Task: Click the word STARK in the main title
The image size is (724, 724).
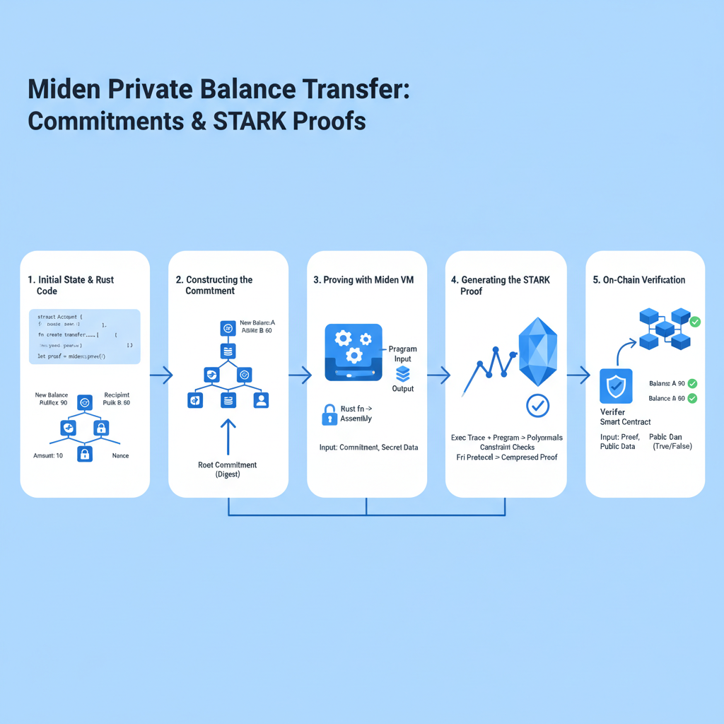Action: coord(238,120)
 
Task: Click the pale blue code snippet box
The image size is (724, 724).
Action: coord(85,337)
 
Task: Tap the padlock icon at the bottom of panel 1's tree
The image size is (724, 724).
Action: coord(84,454)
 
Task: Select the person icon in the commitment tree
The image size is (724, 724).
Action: coord(261,400)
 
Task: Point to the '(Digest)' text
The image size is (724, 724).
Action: coord(228,475)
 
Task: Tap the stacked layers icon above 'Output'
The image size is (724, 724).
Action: coord(402,374)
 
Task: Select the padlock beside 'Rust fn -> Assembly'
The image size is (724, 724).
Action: coord(329,414)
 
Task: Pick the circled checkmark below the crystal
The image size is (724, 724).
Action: coord(538,405)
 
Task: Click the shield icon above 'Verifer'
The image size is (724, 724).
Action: coord(616,386)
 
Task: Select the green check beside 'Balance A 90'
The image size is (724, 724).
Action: coord(692,383)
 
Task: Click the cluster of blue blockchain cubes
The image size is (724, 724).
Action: coord(665,329)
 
